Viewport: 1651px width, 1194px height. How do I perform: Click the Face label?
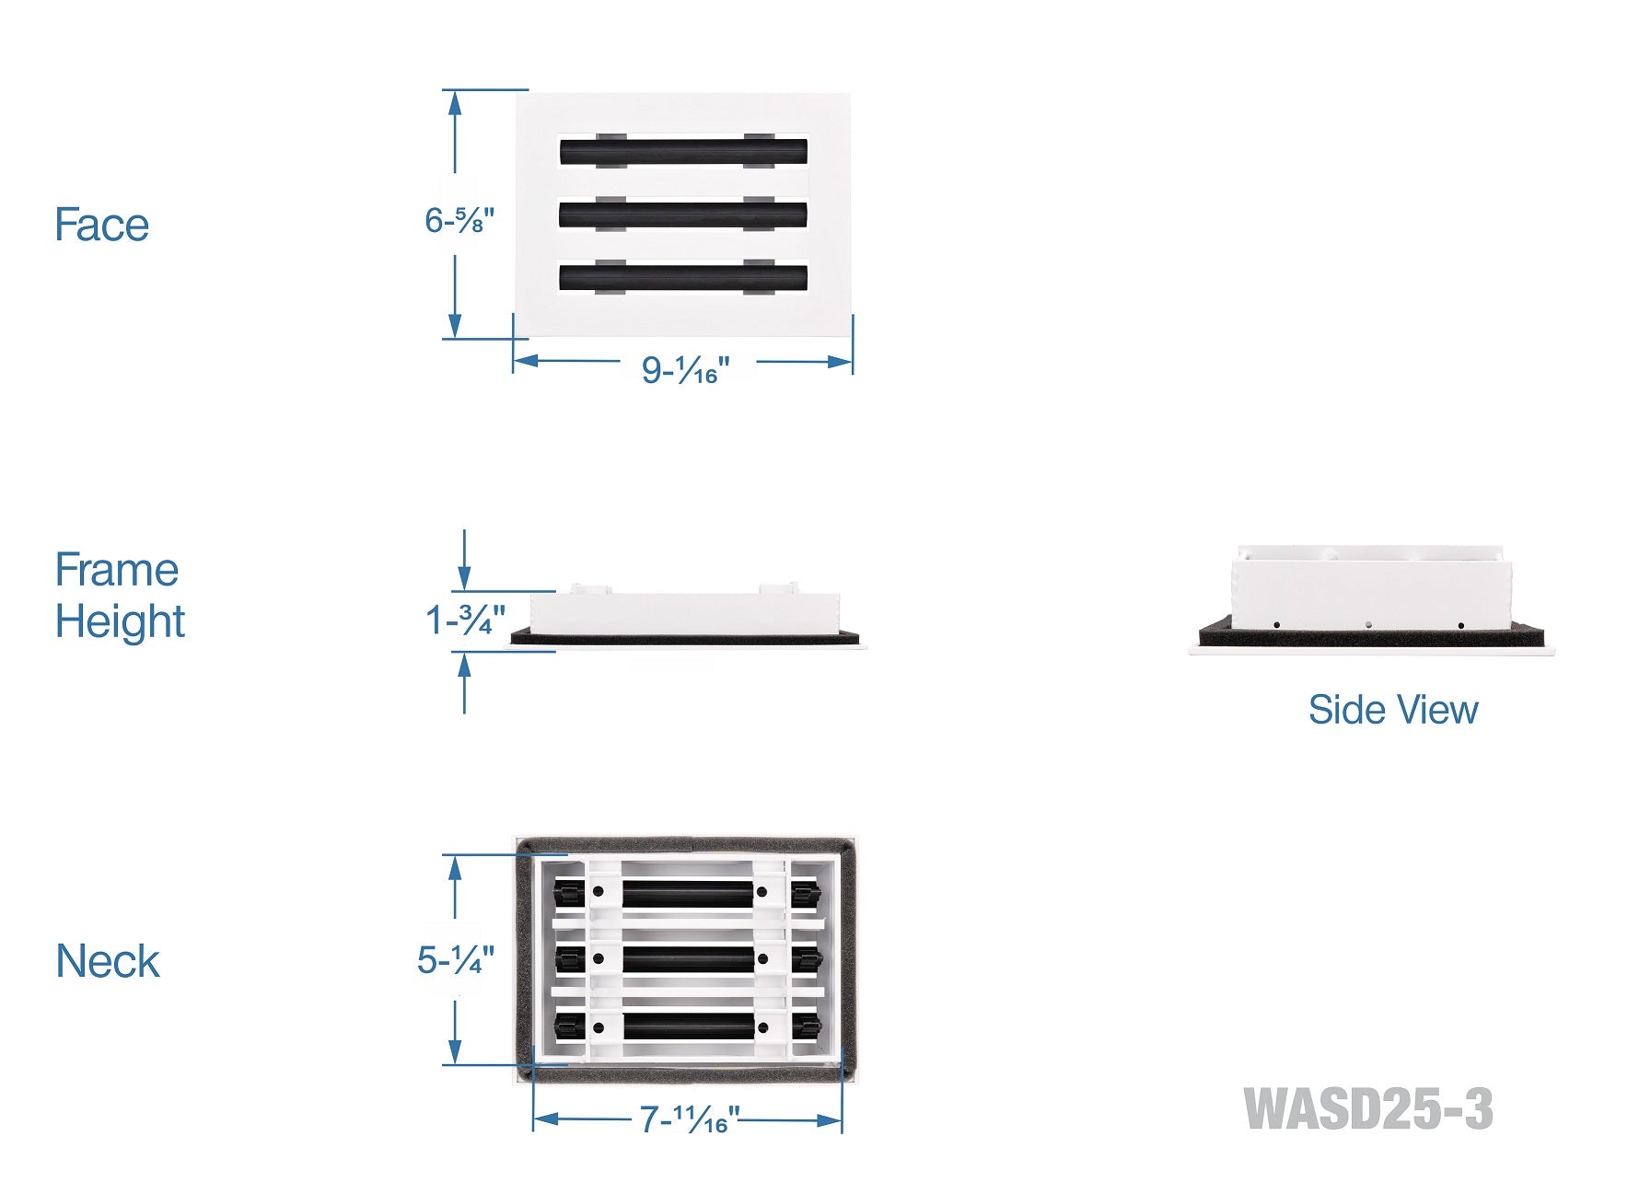pos(101,226)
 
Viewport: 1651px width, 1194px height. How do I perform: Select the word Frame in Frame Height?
pos(116,570)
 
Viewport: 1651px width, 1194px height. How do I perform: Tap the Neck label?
pos(108,962)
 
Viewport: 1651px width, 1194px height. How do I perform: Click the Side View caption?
pos(1392,710)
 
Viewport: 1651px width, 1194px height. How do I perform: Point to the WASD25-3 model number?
pos(1367,1109)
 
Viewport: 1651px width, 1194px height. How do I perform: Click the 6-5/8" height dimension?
pos(459,221)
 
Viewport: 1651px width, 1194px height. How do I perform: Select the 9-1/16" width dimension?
pos(685,370)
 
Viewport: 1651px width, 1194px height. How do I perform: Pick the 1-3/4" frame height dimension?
pos(465,620)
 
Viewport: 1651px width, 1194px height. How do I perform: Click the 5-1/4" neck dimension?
pos(455,960)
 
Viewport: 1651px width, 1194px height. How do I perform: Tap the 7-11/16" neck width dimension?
pos(690,1120)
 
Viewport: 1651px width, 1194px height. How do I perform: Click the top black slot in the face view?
pos(683,152)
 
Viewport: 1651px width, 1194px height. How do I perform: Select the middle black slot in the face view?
pos(683,214)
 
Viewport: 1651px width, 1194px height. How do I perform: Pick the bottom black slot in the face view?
pos(683,277)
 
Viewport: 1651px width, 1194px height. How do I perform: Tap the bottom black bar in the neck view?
pos(689,1026)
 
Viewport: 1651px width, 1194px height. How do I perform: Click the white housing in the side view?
pos(1370,589)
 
